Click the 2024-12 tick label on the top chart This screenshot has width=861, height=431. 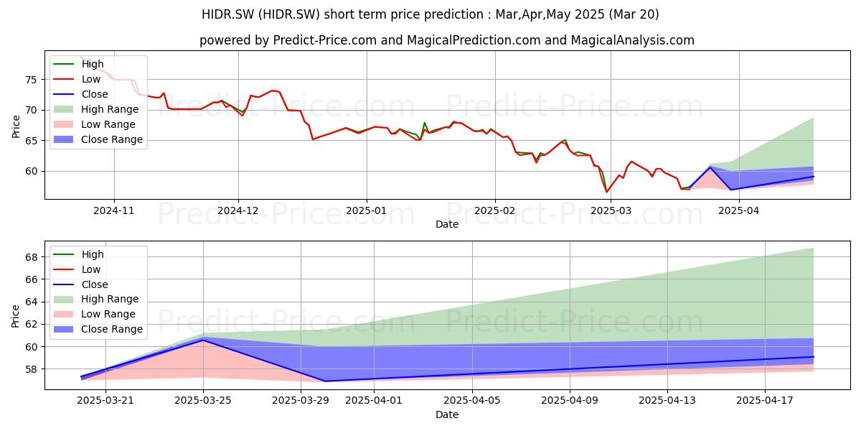coord(238,210)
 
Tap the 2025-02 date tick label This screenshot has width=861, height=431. coord(494,210)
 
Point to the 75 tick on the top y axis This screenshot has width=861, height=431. coord(31,80)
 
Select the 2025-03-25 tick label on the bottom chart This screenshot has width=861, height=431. coord(203,401)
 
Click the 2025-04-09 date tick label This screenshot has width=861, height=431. coord(570,401)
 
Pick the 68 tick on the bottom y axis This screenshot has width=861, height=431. coord(31,257)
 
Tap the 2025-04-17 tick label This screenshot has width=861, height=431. coord(765,401)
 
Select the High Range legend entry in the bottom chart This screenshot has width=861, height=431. coord(96,299)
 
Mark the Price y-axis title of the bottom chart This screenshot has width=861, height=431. coord(15,316)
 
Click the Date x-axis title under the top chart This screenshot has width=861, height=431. coord(447,224)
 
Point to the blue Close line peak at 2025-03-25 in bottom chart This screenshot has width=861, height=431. coord(203,340)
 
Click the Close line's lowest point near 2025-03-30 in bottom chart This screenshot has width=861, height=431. coord(325,381)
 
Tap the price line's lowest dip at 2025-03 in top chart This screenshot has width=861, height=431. coord(607,192)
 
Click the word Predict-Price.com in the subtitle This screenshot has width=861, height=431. coord(325,40)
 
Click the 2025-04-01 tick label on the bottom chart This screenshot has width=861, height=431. coord(374,401)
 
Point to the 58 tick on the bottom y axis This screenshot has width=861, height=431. coord(31,369)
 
